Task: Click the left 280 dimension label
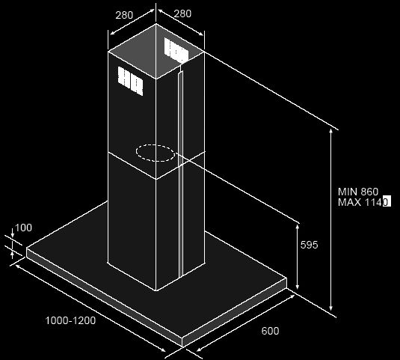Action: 124,15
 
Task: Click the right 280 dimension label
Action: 182,13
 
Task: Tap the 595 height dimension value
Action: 310,245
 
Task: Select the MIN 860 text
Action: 358,192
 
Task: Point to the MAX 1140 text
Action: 364,202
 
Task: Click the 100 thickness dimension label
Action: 23,228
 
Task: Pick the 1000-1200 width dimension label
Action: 70,320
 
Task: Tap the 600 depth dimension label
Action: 270,331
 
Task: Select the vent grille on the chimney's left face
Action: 130,81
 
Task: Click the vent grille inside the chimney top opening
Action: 176,50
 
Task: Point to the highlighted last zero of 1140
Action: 387,202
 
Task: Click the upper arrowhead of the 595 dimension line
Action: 297,226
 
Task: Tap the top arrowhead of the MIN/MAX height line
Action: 331,132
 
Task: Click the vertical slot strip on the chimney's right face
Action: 181,174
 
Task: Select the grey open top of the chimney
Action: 156,51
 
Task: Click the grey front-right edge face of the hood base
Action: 235,313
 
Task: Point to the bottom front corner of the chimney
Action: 156,290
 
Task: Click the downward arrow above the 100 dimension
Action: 12,233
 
